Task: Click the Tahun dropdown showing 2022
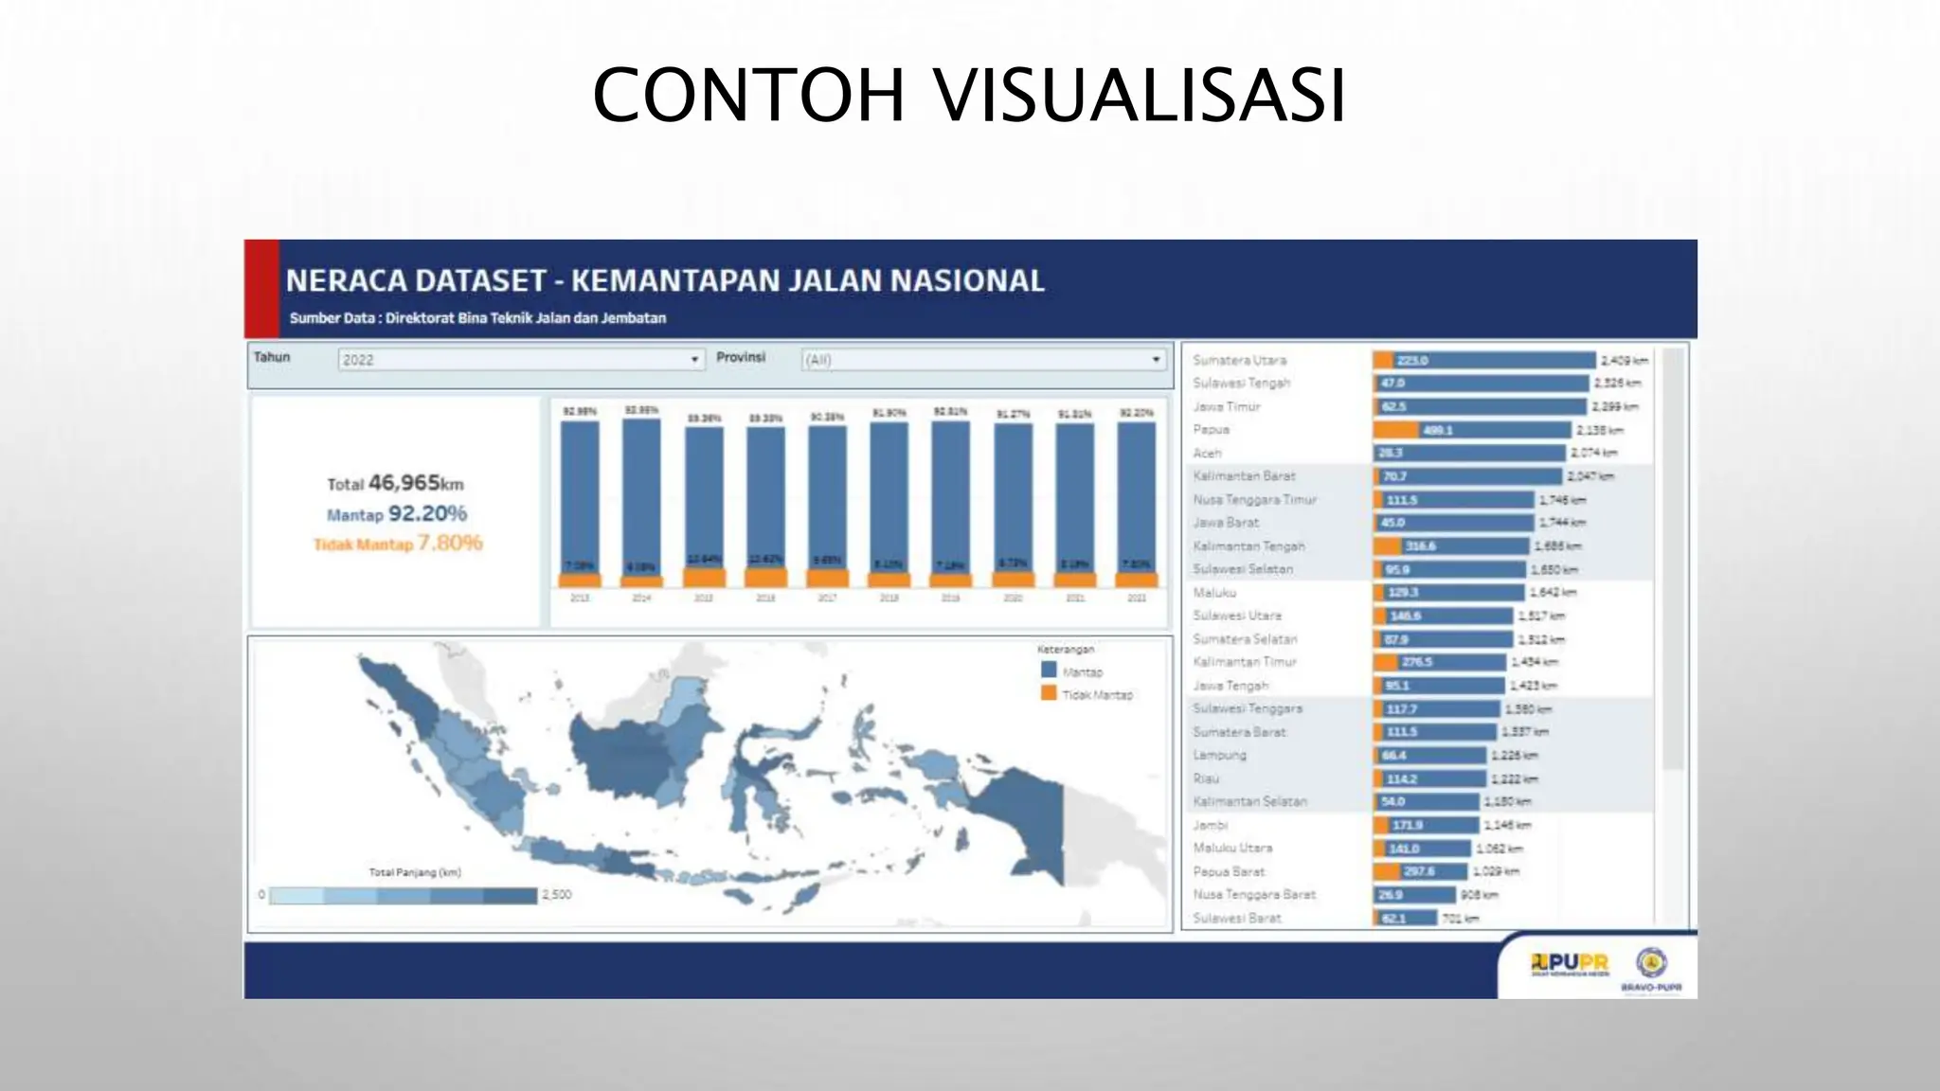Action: pos(520,360)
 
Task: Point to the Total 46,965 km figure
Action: pos(396,483)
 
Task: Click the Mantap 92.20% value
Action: pos(426,513)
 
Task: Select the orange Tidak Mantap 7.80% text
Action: pos(398,544)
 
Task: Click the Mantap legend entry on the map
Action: pos(1081,671)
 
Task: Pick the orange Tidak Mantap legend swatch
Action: pos(1049,693)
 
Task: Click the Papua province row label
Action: pos(1211,429)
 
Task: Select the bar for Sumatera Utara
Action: pos(1483,360)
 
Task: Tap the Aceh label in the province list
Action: pos(1207,453)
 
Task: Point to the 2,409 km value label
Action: pos(1624,360)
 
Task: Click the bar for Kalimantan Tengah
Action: pos(1451,545)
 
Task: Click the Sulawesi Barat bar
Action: pos(1405,918)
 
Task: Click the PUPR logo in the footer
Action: pos(1569,965)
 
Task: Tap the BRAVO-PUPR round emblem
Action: pos(1651,962)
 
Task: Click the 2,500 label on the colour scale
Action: pos(556,894)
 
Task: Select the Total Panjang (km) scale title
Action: pos(414,872)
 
